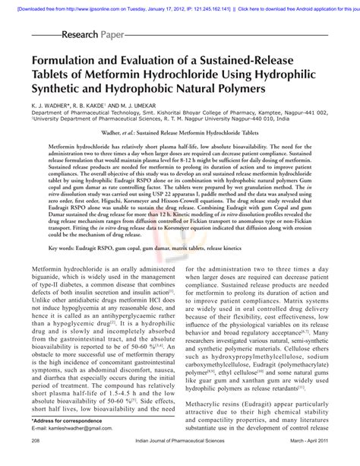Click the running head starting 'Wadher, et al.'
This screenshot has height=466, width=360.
pyautogui.click(x=180, y=132)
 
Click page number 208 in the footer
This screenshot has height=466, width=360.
pyautogui.click(x=36, y=461)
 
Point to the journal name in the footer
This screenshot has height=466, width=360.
pyautogui.click(x=179, y=461)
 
